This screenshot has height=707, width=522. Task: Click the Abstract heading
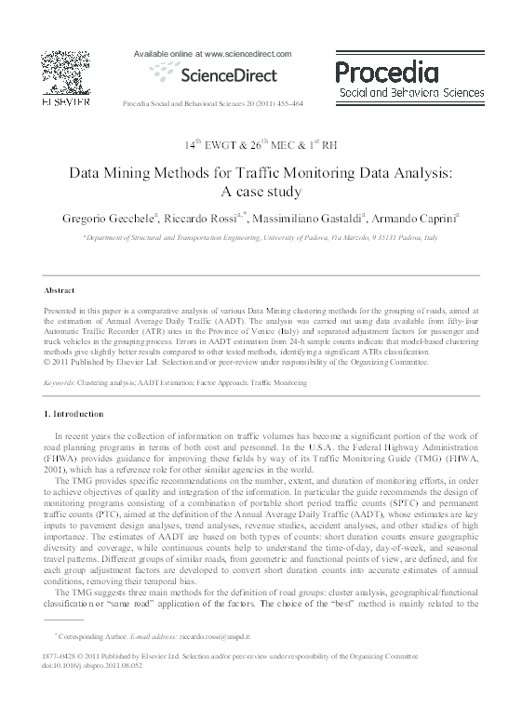(x=60, y=290)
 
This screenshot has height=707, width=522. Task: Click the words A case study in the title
(x=260, y=193)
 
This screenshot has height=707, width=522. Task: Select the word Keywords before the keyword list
(x=60, y=382)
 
